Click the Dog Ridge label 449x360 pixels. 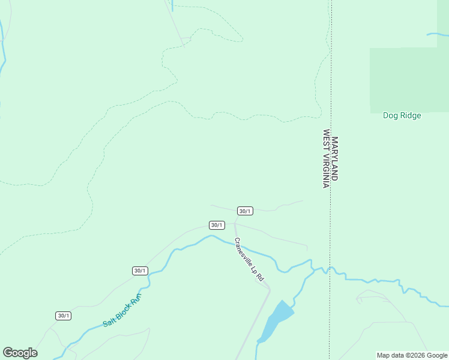point(402,116)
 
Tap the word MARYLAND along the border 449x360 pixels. point(335,159)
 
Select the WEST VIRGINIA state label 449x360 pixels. point(327,159)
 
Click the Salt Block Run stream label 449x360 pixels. point(122,310)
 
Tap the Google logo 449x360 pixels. point(20,353)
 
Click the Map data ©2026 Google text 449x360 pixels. point(412,355)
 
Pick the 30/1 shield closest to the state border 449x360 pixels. point(245,211)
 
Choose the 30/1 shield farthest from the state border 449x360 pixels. point(63,316)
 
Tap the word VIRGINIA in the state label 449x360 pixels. point(327,170)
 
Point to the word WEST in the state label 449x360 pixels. point(327,139)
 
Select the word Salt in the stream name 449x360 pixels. point(109,322)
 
